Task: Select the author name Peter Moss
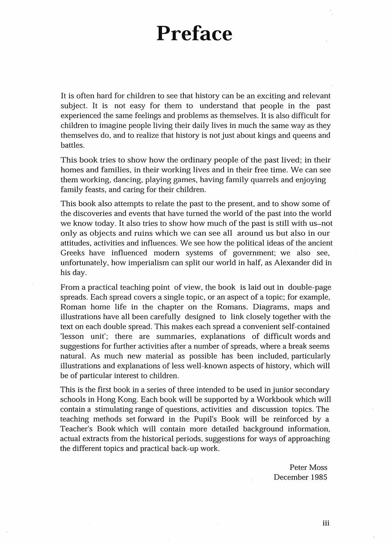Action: click(308, 467)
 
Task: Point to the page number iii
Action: click(326, 523)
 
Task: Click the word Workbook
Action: click(274, 399)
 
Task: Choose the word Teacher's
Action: click(77, 429)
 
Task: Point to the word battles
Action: click(72, 145)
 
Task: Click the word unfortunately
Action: click(84, 262)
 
